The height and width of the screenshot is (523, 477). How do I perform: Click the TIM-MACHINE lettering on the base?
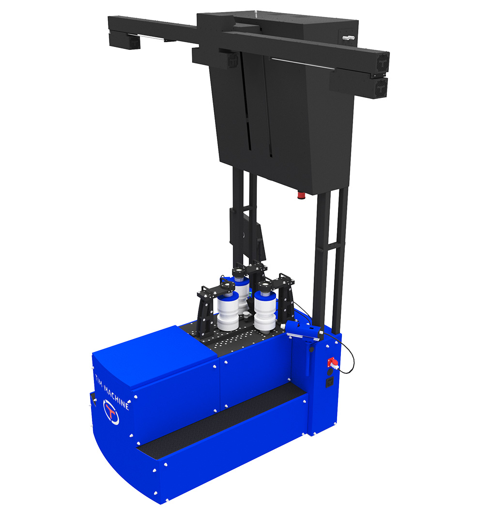click(x=112, y=392)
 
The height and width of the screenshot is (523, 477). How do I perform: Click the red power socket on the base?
click(x=333, y=363)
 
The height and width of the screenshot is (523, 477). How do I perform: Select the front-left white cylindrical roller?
click(x=228, y=311)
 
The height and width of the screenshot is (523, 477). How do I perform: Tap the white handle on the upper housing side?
click(x=347, y=38)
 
